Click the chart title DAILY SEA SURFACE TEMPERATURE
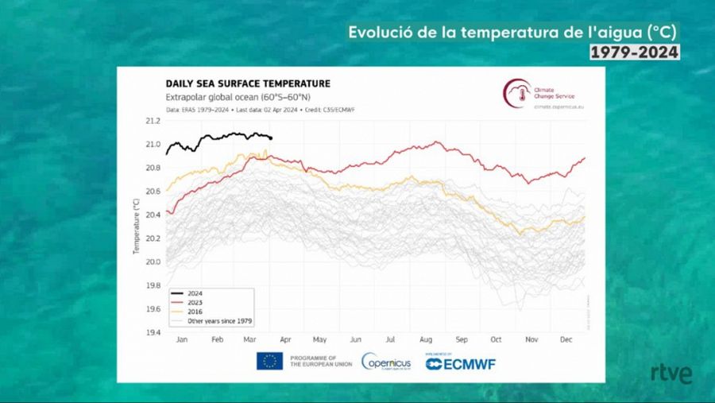[x=248, y=83]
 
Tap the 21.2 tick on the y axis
[x=153, y=121]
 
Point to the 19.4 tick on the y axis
[x=153, y=332]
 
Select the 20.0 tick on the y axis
[x=153, y=262]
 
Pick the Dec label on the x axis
[x=566, y=339]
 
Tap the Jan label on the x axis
[x=181, y=339]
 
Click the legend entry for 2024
[x=196, y=294]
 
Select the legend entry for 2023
[x=196, y=303]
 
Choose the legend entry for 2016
[x=196, y=312]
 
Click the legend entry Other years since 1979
[x=219, y=320]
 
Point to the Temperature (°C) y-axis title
[x=136, y=227]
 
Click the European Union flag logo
[x=269, y=361]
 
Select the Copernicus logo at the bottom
[x=387, y=362]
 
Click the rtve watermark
[x=671, y=374]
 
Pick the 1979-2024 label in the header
[x=634, y=52]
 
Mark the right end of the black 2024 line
[x=271, y=138]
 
